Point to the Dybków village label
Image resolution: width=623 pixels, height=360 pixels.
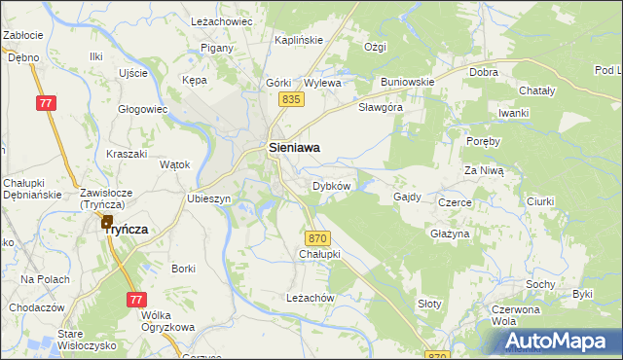click(x=331, y=185)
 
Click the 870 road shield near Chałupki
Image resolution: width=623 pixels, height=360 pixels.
click(x=317, y=238)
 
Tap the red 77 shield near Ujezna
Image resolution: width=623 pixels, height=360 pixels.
click(x=46, y=103)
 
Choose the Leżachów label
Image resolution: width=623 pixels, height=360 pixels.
click(x=310, y=298)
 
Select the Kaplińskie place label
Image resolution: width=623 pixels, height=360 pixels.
click(x=298, y=40)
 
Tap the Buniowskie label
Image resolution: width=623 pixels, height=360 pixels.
click(x=407, y=82)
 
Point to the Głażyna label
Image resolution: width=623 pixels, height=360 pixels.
click(x=450, y=234)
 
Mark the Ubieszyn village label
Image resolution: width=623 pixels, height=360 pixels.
click(x=208, y=198)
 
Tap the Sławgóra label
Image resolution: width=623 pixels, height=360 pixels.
click(x=381, y=107)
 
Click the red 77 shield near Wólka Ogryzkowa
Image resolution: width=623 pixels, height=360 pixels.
click(x=135, y=301)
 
